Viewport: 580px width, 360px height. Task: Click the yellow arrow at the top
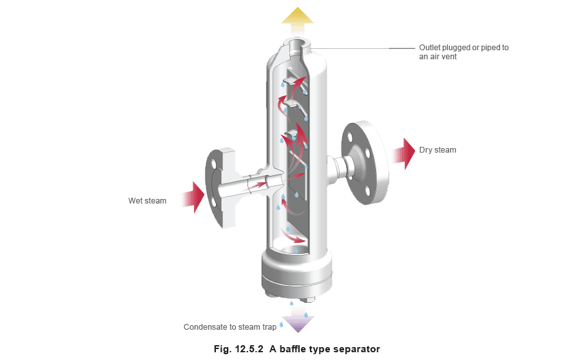(297, 19)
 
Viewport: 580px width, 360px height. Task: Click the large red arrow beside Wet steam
(194, 197)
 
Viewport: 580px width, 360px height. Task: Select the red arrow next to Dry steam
(404, 154)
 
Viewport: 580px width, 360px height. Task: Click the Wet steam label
(147, 201)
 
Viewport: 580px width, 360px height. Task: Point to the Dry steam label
(438, 149)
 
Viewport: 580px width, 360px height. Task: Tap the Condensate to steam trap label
(230, 327)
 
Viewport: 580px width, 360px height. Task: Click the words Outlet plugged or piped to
(464, 48)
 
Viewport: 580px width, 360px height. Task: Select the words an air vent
(438, 57)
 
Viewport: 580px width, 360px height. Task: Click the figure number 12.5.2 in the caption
(249, 349)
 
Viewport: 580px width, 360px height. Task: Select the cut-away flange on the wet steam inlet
(220, 188)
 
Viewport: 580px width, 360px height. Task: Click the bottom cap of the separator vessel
(296, 276)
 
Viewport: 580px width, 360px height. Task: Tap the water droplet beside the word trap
(282, 325)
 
